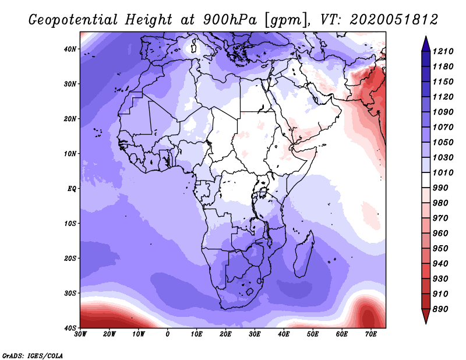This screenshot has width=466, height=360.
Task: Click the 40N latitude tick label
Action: [x=70, y=49]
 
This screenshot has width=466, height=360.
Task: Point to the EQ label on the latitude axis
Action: [x=72, y=189]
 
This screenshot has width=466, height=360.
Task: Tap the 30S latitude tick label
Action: [x=70, y=294]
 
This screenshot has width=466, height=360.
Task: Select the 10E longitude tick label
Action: [x=196, y=334]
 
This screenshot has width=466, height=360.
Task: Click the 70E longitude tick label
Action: [x=371, y=334]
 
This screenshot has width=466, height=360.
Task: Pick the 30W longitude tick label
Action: [x=80, y=334]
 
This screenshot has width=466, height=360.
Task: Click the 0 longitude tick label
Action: [x=168, y=334]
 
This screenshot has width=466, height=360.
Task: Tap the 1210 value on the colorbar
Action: [x=443, y=51]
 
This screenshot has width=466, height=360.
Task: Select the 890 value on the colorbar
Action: [x=440, y=309]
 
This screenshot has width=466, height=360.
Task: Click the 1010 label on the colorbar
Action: [x=443, y=172]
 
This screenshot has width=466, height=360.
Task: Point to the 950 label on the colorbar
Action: [x=440, y=249]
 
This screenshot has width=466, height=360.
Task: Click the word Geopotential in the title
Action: [x=73, y=20]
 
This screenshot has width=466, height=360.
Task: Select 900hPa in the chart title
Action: [x=230, y=20]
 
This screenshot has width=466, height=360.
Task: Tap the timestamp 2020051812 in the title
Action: [x=394, y=20]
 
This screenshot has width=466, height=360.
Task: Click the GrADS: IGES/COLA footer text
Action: [x=33, y=356]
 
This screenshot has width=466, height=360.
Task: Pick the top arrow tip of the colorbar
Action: [x=426, y=36]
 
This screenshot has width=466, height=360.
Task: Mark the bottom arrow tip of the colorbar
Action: [x=426, y=323]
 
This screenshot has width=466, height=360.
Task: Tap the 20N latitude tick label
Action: [x=70, y=119]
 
